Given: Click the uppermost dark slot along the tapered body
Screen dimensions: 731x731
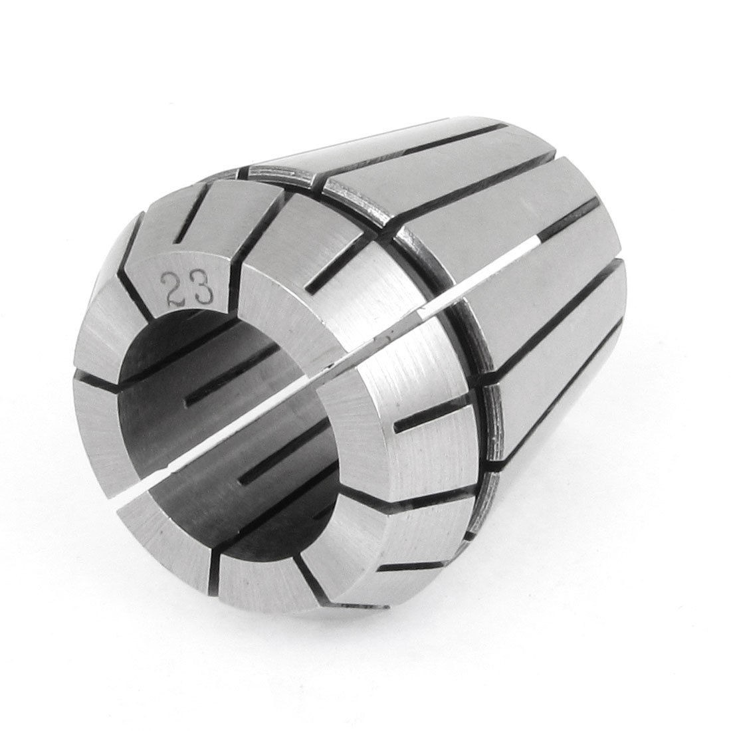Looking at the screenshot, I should pyautogui.click(x=432, y=143).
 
